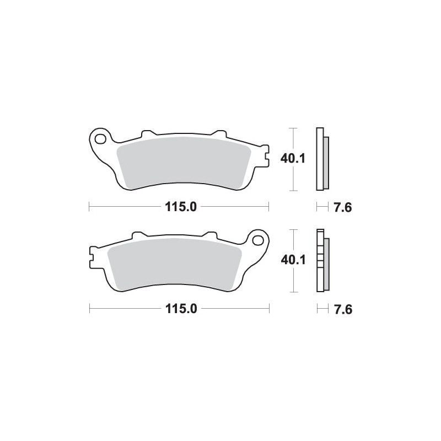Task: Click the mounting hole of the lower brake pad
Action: coord(257,239)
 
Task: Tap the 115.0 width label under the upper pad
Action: coord(179,207)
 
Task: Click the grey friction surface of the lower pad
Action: coord(175,262)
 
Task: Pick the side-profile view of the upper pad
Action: coord(321,159)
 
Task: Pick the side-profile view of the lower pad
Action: coord(321,260)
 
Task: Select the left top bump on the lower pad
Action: coord(138,235)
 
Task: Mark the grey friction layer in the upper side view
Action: coord(326,161)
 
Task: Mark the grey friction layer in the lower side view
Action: coord(326,263)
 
